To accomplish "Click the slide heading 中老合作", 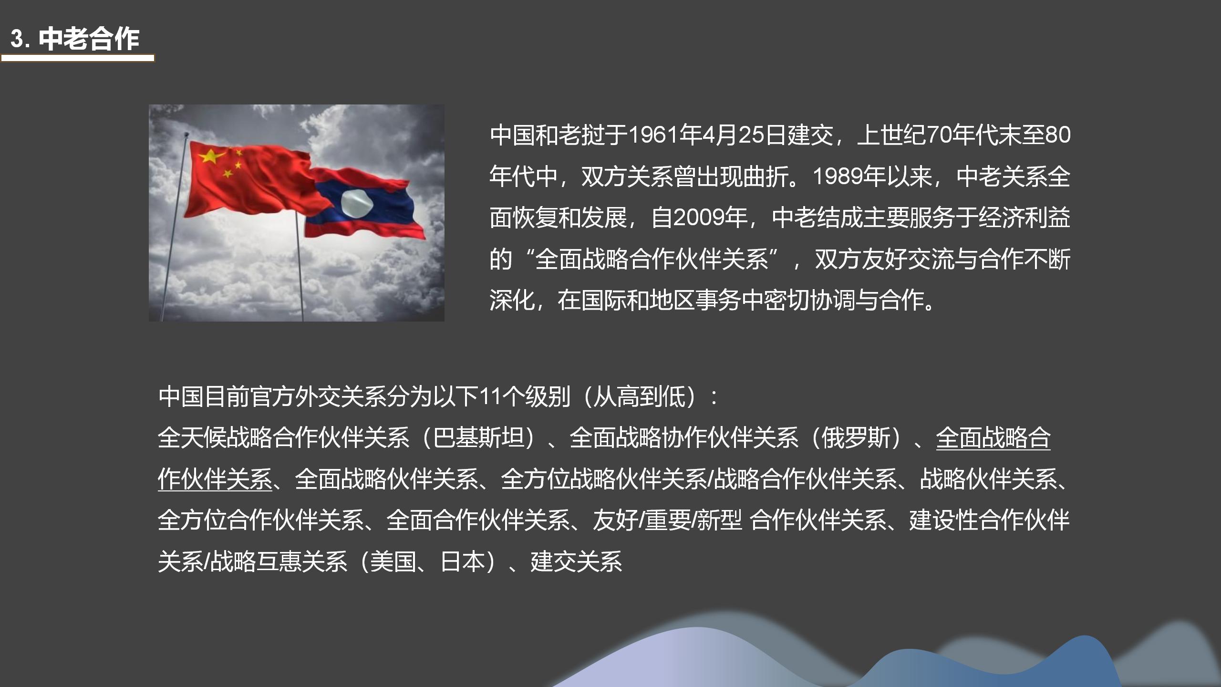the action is (89, 39).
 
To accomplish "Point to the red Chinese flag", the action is (248, 181).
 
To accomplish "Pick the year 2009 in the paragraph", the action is (699, 218).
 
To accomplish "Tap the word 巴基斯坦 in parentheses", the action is (478, 437).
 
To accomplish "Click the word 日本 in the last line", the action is (463, 562).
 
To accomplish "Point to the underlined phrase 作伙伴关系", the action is (215, 479).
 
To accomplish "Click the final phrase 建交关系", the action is (577, 562).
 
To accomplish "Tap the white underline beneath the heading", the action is (78, 58).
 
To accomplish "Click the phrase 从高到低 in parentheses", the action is (640, 396).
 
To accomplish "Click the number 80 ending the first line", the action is (1057, 135).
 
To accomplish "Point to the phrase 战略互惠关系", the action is (279, 562).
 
